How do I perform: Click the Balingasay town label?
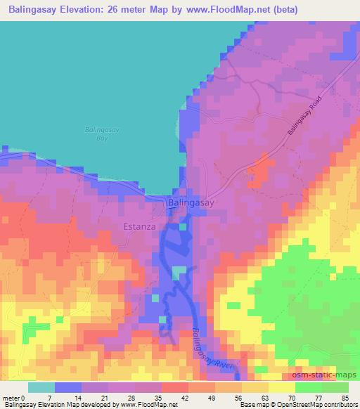[191, 202]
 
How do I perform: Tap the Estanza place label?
[139, 227]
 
